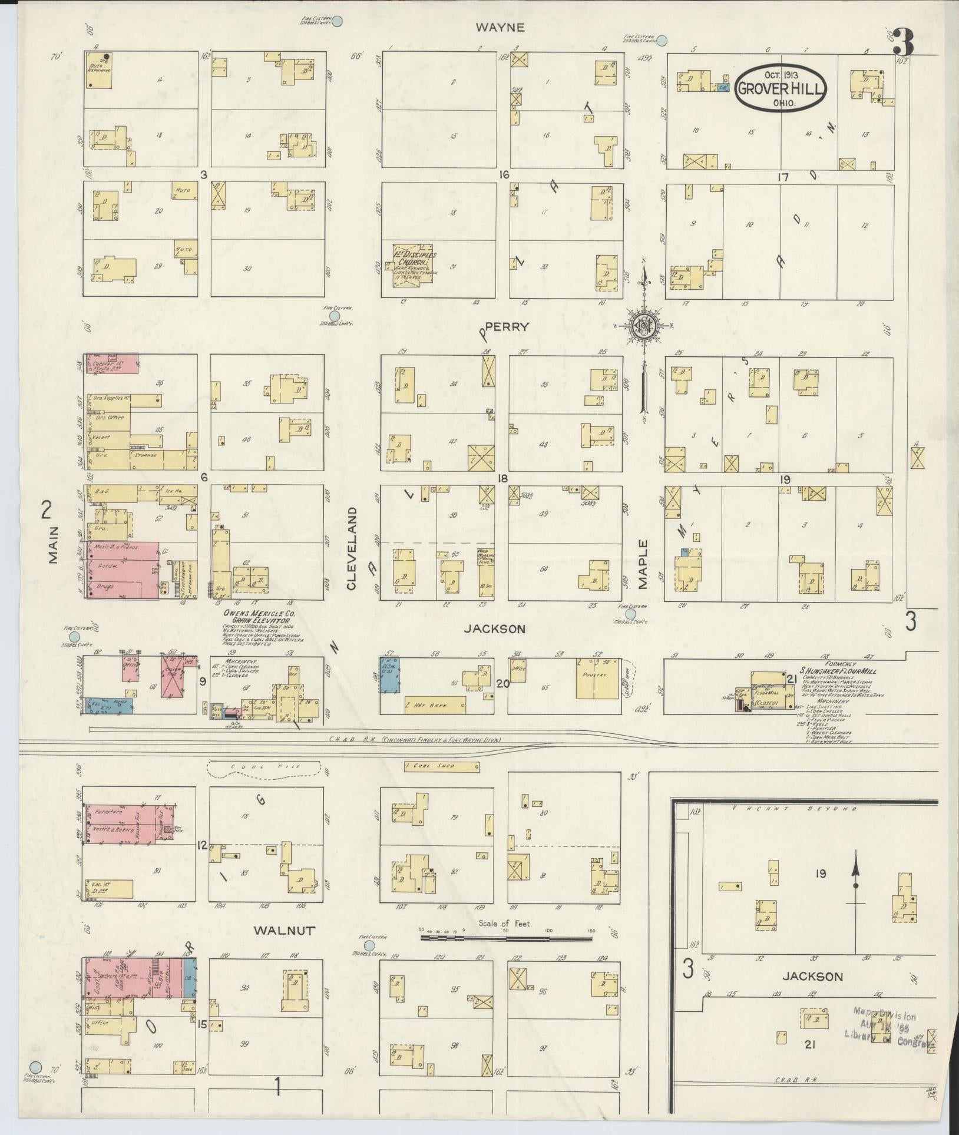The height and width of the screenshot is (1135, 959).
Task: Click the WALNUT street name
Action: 285,931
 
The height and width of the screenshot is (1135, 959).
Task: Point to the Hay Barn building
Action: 435,704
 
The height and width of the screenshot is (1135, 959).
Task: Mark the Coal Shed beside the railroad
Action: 442,766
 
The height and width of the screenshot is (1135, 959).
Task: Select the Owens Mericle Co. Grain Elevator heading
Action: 258,617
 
